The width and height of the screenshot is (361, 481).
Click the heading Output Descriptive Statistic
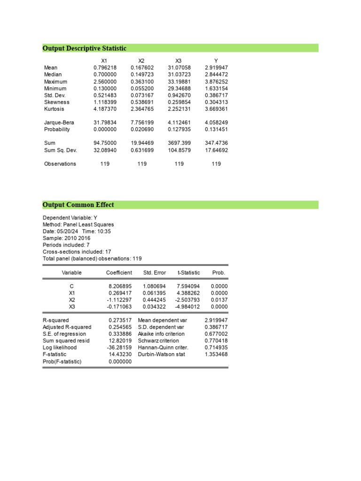click(x=84, y=48)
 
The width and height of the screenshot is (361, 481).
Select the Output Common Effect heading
click(x=78, y=205)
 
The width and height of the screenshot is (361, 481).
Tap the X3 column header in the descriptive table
click(x=178, y=61)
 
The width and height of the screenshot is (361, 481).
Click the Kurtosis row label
click(x=54, y=109)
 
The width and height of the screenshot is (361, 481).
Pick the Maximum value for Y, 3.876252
click(x=216, y=82)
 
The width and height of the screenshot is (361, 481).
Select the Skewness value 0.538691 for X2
click(x=142, y=102)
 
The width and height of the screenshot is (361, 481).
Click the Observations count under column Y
click(x=216, y=164)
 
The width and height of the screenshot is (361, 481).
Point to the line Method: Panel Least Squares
click(x=78, y=225)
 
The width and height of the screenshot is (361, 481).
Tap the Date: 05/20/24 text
click(x=61, y=232)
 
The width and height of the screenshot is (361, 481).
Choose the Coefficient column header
click(x=119, y=273)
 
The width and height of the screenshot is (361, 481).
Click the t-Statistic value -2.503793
click(x=188, y=300)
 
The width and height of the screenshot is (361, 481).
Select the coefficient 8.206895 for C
click(x=120, y=286)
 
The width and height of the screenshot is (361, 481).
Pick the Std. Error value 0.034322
click(x=154, y=307)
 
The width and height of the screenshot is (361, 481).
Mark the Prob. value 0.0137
click(x=218, y=300)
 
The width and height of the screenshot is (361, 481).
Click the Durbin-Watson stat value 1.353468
click(x=216, y=355)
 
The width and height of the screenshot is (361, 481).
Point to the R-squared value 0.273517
click(x=120, y=320)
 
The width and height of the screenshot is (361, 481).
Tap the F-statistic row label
click(x=55, y=355)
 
